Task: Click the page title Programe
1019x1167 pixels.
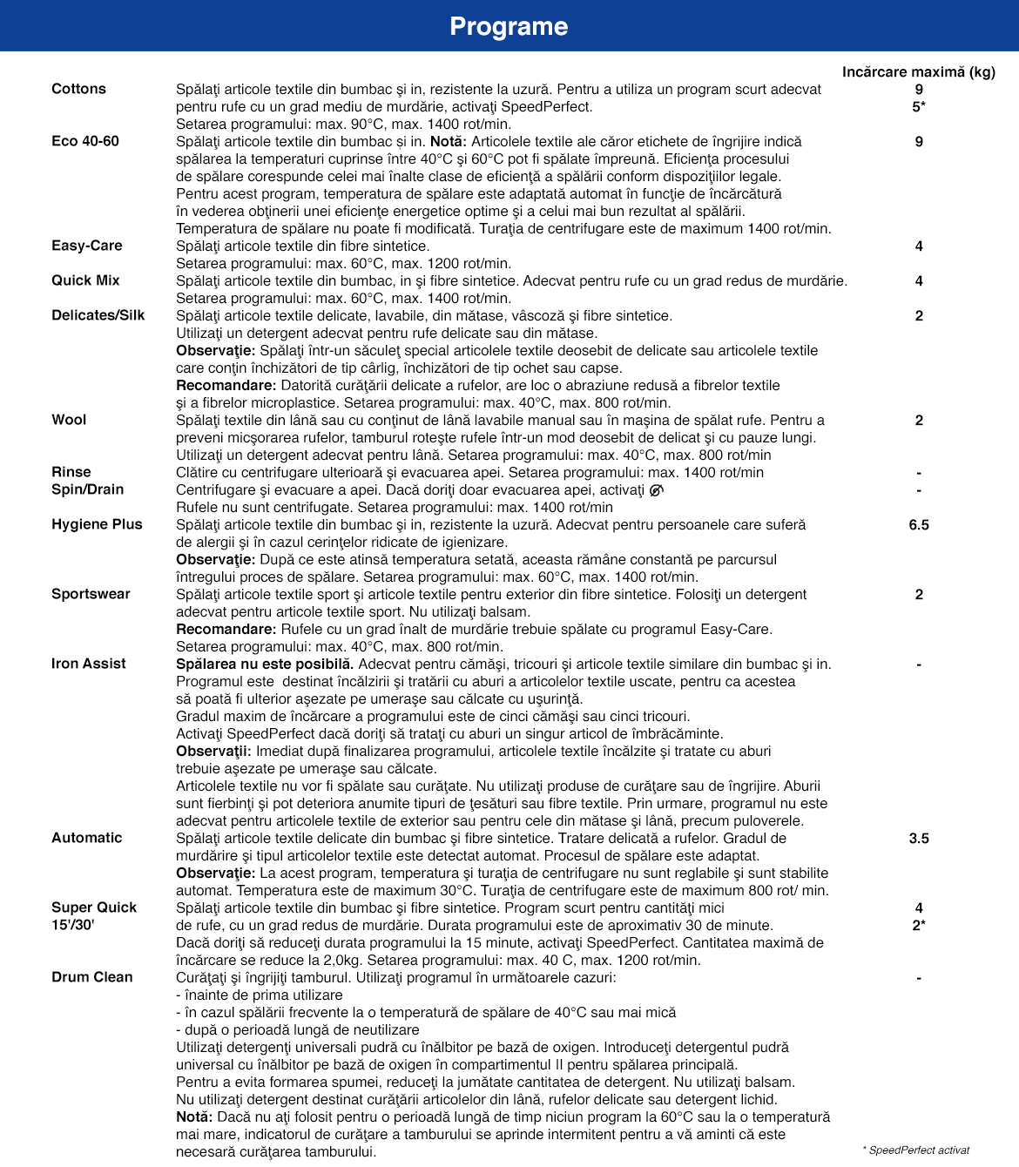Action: click(509, 26)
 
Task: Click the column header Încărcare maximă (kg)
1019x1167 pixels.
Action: click(918, 71)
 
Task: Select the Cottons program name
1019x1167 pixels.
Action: click(78, 89)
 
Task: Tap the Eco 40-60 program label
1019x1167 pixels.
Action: click(85, 141)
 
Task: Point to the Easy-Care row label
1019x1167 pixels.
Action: click(87, 246)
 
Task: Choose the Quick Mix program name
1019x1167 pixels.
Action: click(85, 280)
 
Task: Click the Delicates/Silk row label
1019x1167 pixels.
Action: click(98, 315)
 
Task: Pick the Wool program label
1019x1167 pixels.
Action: click(69, 420)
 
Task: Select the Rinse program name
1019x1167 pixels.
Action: click(71, 472)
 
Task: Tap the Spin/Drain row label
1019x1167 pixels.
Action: click(88, 489)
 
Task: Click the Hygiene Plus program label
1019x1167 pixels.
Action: click(97, 524)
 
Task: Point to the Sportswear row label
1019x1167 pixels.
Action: click(91, 594)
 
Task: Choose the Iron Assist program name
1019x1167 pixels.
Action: click(89, 664)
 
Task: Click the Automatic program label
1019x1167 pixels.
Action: click(87, 838)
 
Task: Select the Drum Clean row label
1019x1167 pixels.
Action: click(92, 977)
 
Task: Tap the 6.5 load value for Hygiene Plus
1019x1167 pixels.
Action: click(919, 524)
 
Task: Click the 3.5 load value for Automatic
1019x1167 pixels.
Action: click(919, 838)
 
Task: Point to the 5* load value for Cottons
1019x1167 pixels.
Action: click(919, 106)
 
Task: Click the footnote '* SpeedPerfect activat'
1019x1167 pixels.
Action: click(915, 1150)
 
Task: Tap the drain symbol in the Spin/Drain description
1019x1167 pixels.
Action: click(657, 489)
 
